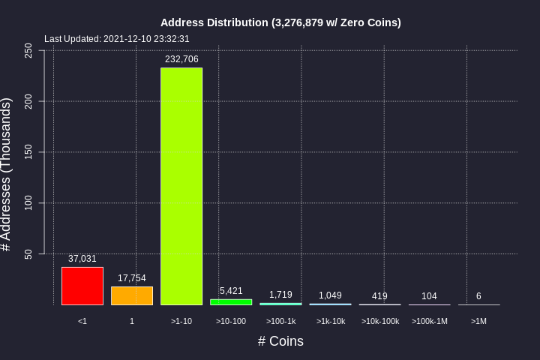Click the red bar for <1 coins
click(82, 286)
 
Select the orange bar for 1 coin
click(132, 295)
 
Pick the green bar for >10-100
click(231, 301)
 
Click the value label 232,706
click(181, 59)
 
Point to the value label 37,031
click(82, 259)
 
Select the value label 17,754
click(132, 278)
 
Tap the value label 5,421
click(231, 291)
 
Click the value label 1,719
click(280, 295)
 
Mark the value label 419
click(379, 296)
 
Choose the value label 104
click(429, 296)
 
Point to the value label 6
click(478, 296)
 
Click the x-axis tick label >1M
click(478, 322)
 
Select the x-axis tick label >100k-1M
click(429, 322)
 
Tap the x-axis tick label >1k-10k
click(330, 322)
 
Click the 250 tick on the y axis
click(28, 50)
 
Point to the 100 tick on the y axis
click(28, 202)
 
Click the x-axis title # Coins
click(280, 341)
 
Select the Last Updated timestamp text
click(117, 39)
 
